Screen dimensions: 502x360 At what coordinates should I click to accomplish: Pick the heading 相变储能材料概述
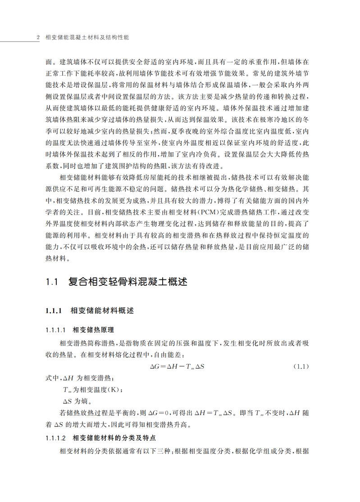click(102, 311)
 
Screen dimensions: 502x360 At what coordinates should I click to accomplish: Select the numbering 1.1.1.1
click(56, 329)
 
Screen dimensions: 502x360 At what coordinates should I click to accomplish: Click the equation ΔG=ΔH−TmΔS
click(177, 366)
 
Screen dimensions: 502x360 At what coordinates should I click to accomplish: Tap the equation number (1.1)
click(301, 366)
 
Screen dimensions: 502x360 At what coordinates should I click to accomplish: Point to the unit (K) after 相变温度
click(116, 389)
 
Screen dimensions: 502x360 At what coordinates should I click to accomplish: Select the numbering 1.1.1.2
click(56, 438)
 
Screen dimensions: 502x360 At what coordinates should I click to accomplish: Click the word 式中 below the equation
click(51, 378)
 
